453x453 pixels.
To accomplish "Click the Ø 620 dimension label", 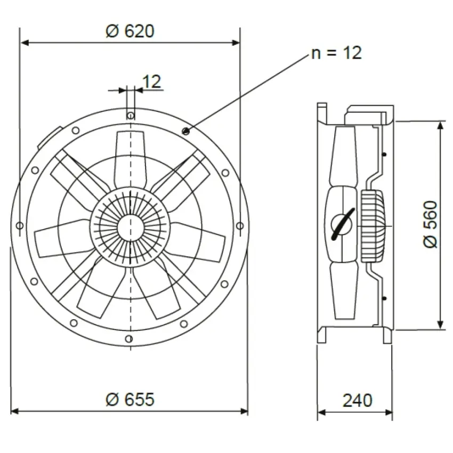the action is tap(130, 31).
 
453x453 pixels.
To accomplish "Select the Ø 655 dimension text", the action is tap(130, 399).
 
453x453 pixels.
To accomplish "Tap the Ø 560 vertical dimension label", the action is tap(431, 224).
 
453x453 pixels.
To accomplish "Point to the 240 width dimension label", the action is tap(358, 400).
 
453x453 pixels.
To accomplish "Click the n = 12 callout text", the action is tap(337, 53).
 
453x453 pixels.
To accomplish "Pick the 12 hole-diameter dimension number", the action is tap(152, 82).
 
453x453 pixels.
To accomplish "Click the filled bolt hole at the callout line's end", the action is tap(186, 132).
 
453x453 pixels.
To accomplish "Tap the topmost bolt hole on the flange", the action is tap(131, 116).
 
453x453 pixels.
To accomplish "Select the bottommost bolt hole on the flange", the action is tap(129, 338).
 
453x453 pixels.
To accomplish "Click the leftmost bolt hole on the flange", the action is tap(20, 225).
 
